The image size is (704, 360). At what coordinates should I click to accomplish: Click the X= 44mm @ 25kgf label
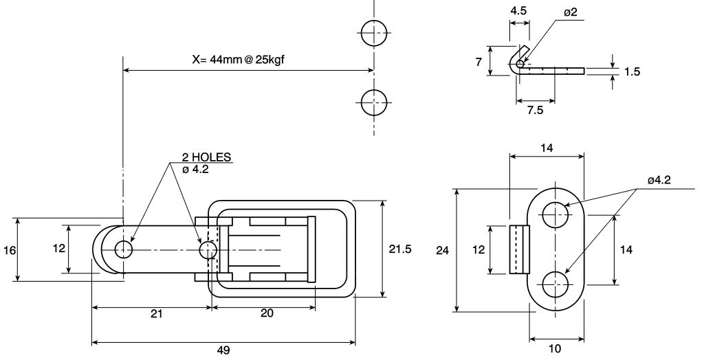pyautogui.click(x=238, y=60)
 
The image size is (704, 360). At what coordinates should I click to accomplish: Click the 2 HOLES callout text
pyautogui.click(x=206, y=157)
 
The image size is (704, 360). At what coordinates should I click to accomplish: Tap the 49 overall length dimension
pyautogui.click(x=223, y=350)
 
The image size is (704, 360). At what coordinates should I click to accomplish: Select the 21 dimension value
pyautogui.click(x=156, y=313)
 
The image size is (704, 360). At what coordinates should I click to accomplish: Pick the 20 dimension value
pyautogui.click(x=267, y=313)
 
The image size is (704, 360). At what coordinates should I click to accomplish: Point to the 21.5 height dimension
pyautogui.click(x=400, y=249)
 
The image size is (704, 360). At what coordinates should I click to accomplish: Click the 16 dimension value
pyautogui.click(x=9, y=250)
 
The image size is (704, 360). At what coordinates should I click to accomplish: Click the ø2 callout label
pyautogui.click(x=570, y=12)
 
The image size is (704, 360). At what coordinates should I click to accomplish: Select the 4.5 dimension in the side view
pyautogui.click(x=518, y=11)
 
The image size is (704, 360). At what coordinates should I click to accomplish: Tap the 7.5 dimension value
pyautogui.click(x=535, y=111)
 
